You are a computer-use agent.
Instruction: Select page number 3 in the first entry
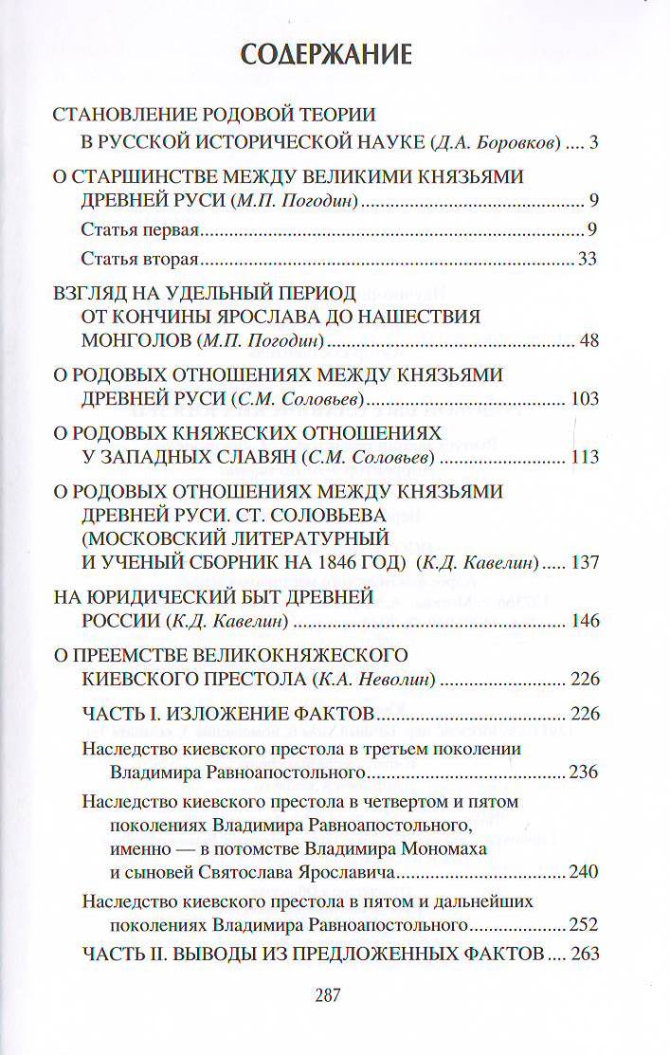(592, 144)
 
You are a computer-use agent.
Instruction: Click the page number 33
(588, 259)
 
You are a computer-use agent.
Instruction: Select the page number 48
(588, 341)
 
